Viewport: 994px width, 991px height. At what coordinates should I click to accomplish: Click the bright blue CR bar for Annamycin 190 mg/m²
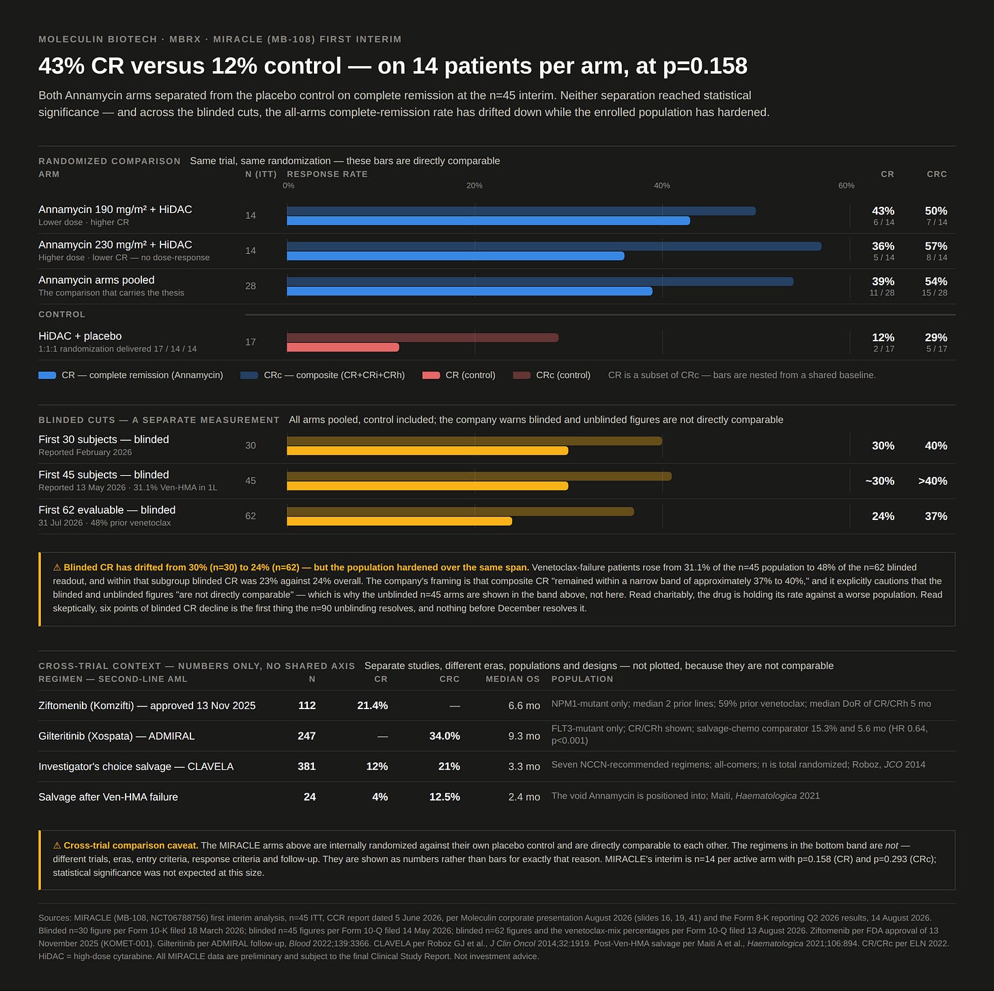click(x=488, y=221)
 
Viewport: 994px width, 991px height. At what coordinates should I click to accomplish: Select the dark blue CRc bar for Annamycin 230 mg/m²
click(x=554, y=246)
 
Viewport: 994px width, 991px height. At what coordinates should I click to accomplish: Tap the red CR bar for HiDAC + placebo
click(x=343, y=347)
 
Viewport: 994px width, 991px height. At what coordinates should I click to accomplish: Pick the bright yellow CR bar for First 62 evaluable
click(x=399, y=521)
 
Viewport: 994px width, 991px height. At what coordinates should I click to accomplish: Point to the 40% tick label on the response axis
click(x=662, y=185)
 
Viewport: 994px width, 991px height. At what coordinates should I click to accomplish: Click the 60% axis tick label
click(x=846, y=185)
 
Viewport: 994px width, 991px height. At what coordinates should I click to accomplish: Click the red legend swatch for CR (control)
click(x=431, y=375)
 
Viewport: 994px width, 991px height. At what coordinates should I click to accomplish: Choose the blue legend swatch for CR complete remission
click(x=47, y=375)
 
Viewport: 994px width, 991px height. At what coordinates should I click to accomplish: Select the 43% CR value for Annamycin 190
click(x=883, y=210)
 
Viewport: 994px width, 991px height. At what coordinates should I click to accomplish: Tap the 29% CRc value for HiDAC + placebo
click(x=936, y=337)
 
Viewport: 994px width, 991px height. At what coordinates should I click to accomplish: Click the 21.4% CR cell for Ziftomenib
click(x=372, y=705)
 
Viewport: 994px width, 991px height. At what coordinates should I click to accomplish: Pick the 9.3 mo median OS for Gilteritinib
click(x=524, y=736)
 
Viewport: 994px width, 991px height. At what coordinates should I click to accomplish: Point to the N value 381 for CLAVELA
click(x=307, y=766)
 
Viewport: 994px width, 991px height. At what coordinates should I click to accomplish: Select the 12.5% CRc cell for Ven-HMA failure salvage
click(x=444, y=796)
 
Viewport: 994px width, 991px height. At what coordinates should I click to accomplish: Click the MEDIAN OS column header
click(x=512, y=679)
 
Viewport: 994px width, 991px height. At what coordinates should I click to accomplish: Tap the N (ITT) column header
click(x=261, y=174)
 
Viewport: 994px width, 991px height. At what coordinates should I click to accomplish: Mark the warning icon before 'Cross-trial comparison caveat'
click(x=57, y=846)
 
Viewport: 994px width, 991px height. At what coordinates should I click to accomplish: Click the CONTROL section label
click(x=62, y=314)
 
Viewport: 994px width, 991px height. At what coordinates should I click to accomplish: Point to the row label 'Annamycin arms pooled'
click(x=96, y=280)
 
